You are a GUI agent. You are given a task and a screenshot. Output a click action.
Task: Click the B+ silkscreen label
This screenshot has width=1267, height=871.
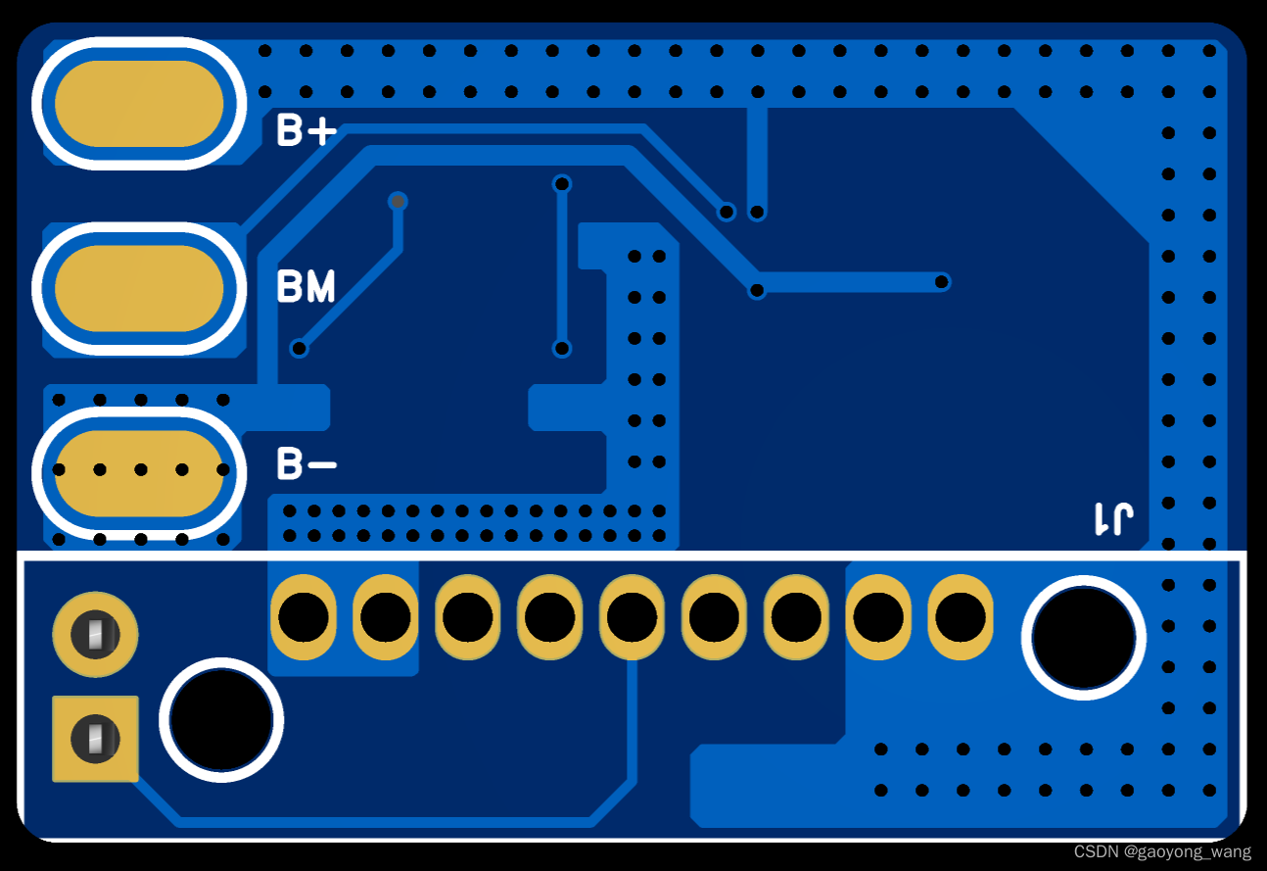tap(305, 131)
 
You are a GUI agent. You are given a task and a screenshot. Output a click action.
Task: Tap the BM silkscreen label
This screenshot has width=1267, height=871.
tap(305, 287)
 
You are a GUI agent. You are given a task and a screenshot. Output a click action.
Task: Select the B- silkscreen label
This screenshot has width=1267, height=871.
tap(305, 463)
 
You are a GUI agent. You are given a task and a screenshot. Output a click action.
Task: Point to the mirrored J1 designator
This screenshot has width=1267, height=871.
tap(1114, 518)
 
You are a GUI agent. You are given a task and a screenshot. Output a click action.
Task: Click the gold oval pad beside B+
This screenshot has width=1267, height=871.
tap(138, 104)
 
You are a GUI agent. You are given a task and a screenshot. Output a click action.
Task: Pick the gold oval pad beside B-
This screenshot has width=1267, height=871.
tap(138, 472)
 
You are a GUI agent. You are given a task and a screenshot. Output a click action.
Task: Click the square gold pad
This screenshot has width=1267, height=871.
tap(95, 738)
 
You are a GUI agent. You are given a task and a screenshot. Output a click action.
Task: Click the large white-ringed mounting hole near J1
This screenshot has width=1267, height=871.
tap(1083, 638)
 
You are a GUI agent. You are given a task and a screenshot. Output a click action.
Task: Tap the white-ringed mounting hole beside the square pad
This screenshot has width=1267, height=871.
tap(220, 720)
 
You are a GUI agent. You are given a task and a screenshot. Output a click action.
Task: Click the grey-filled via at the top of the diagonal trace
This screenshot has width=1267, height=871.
tap(398, 202)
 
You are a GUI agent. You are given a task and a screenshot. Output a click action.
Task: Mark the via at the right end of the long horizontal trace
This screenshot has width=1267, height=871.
tap(942, 282)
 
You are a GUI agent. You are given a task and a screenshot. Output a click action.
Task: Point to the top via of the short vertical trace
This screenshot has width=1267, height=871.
tap(562, 183)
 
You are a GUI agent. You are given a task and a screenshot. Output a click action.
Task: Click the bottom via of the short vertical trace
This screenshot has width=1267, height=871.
tap(562, 348)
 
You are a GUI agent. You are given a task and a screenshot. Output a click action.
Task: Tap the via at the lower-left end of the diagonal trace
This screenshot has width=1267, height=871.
tap(301, 348)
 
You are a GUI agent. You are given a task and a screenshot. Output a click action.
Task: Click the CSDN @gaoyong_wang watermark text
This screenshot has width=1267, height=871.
tap(1161, 852)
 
